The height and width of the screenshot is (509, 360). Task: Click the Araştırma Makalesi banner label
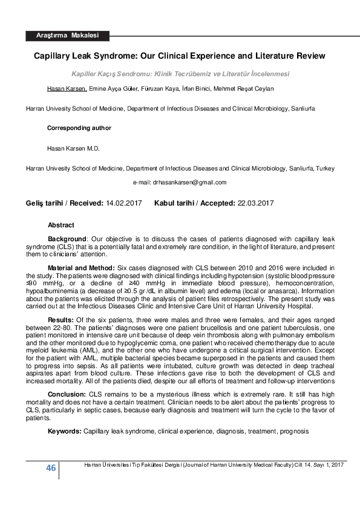67,36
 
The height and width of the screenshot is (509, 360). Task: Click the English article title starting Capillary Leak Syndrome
179,56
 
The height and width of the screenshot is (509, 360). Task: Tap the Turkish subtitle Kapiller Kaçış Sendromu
180,74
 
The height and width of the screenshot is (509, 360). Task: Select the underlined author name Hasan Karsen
67,89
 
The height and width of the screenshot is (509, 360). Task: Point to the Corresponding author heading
79,128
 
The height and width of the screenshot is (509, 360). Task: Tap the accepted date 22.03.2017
255,204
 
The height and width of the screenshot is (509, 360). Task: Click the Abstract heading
61,225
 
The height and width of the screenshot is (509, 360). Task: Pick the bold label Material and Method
82,267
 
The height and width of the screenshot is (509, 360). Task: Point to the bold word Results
61,319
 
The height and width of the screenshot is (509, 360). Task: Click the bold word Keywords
64,433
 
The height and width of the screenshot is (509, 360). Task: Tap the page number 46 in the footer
51,468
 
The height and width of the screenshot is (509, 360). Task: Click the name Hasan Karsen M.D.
73,148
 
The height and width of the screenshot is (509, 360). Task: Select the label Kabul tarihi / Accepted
194,204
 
